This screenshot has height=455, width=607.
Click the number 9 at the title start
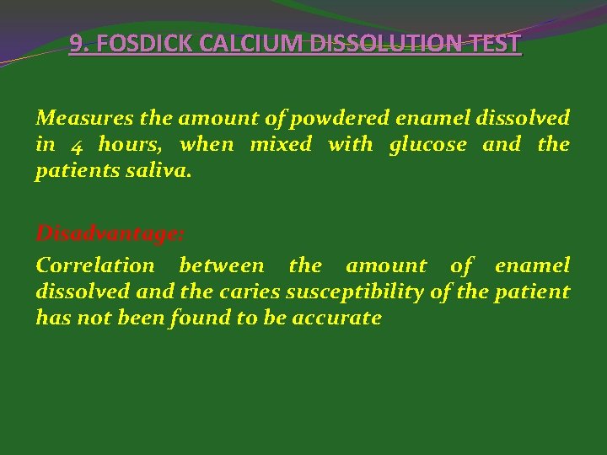tap(76, 43)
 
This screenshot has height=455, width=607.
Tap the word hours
tap(128, 144)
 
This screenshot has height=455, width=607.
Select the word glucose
tap(427, 145)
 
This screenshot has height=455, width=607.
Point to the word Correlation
tap(95, 265)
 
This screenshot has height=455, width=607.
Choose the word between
tap(222, 265)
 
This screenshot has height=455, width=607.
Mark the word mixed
tap(281, 144)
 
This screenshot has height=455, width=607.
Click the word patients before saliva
tap(74, 171)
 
